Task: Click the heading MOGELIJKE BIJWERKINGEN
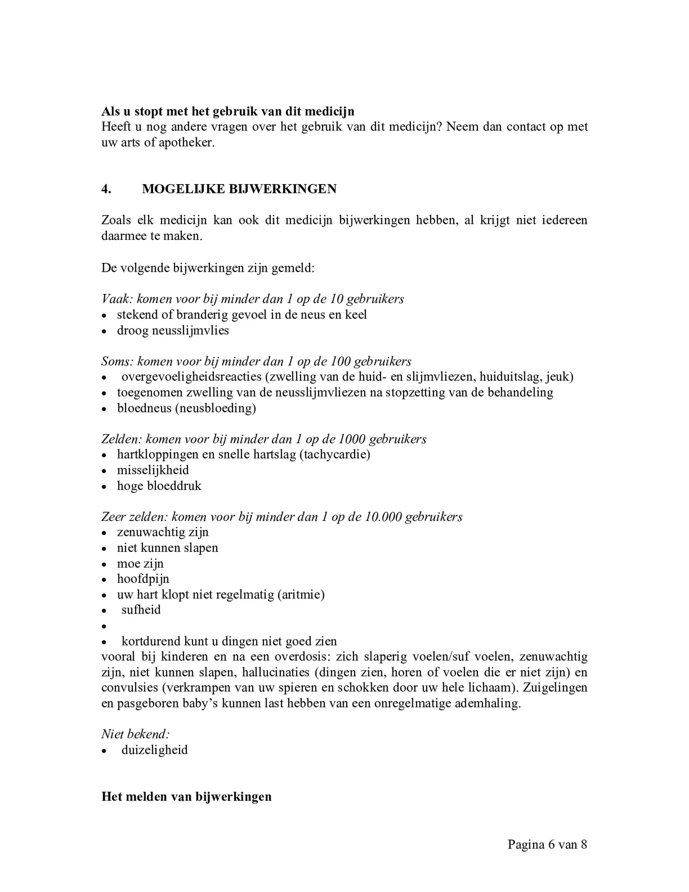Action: (239, 189)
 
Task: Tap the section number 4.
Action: (106, 189)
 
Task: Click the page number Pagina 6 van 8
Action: (547, 844)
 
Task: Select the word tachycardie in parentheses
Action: (334, 455)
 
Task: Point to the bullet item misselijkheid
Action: (153, 470)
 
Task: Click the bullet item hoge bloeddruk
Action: (159, 486)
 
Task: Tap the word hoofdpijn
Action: (143, 579)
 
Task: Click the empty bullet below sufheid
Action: (105, 627)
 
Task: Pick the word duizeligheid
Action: (154, 750)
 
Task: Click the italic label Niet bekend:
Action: (136, 734)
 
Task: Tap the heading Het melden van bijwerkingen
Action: (186, 796)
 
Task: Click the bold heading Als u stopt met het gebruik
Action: (228, 111)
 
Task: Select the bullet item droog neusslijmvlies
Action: (172, 330)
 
